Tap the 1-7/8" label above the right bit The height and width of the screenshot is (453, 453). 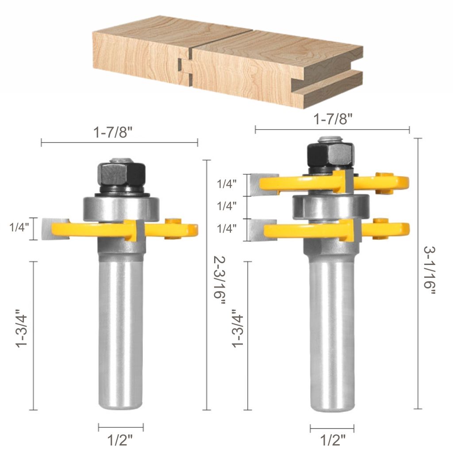pyautogui.click(x=332, y=119)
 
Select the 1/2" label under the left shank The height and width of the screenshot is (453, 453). pyautogui.click(x=120, y=440)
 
